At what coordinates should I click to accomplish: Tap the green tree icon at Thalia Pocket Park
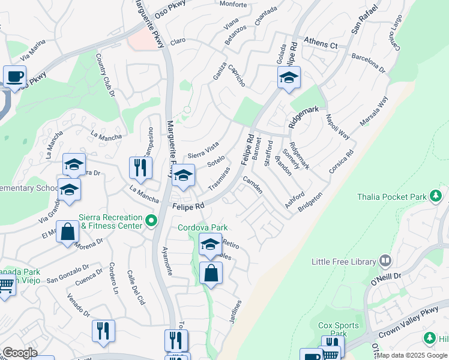(x=437, y=196)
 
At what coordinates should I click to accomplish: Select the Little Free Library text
(x=344, y=262)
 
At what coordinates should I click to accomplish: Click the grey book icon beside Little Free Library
(x=385, y=261)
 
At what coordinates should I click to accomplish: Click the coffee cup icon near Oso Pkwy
(x=14, y=77)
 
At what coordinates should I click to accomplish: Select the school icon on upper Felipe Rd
(x=289, y=77)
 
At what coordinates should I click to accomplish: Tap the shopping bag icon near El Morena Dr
(x=68, y=231)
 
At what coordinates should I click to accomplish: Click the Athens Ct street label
(x=321, y=44)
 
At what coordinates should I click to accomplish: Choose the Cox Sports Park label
(x=339, y=329)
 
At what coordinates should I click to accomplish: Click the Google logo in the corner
(x=20, y=353)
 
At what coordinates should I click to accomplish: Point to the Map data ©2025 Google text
(x=411, y=355)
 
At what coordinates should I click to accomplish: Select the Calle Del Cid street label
(x=136, y=288)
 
